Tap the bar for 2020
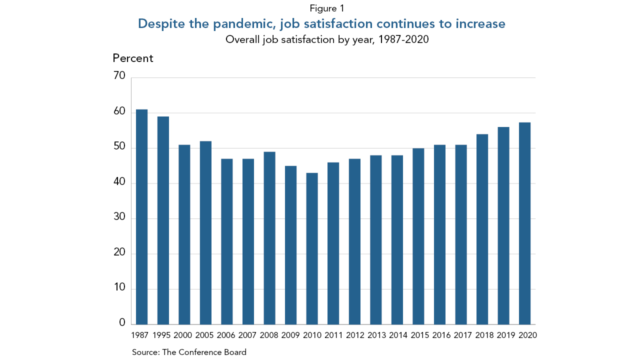(x=524, y=223)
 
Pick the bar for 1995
(x=163, y=220)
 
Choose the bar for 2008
(x=269, y=238)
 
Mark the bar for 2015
(x=418, y=236)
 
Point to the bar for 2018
(x=482, y=229)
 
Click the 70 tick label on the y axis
(x=119, y=76)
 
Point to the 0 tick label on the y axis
(x=122, y=323)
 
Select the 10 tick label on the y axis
(x=119, y=288)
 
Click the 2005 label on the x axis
(x=205, y=335)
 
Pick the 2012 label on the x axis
(x=354, y=335)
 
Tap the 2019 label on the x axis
(x=506, y=335)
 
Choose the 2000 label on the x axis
(x=184, y=335)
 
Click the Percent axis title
(x=133, y=58)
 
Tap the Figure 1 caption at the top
(x=327, y=8)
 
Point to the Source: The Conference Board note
(x=189, y=352)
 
